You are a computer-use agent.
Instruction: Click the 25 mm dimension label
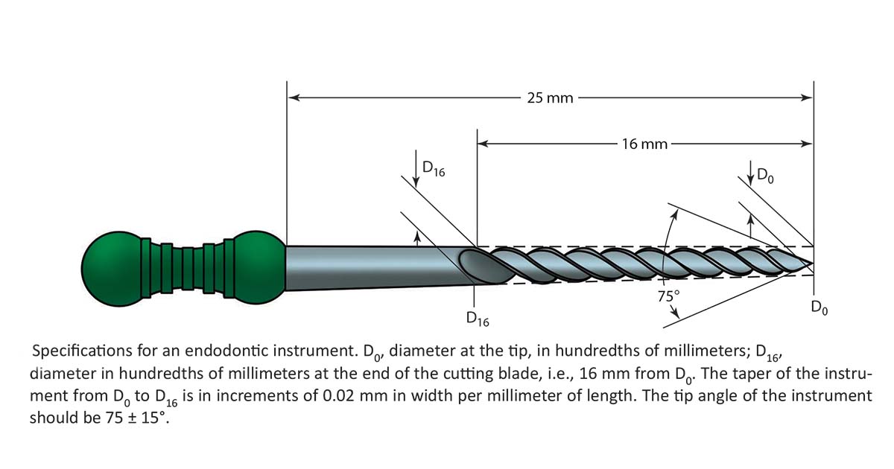click(x=550, y=98)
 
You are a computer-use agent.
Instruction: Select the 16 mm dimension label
click(x=644, y=144)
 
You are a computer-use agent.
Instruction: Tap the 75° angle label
click(x=668, y=296)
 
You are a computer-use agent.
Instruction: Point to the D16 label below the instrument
click(x=478, y=319)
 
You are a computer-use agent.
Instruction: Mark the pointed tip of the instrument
click(x=811, y=262)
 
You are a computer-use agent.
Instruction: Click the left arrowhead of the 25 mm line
click(x=293, y=97)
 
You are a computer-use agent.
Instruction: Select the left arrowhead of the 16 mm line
click(x=482, y=144)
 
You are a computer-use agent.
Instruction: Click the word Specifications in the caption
click(x=82, y=351)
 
